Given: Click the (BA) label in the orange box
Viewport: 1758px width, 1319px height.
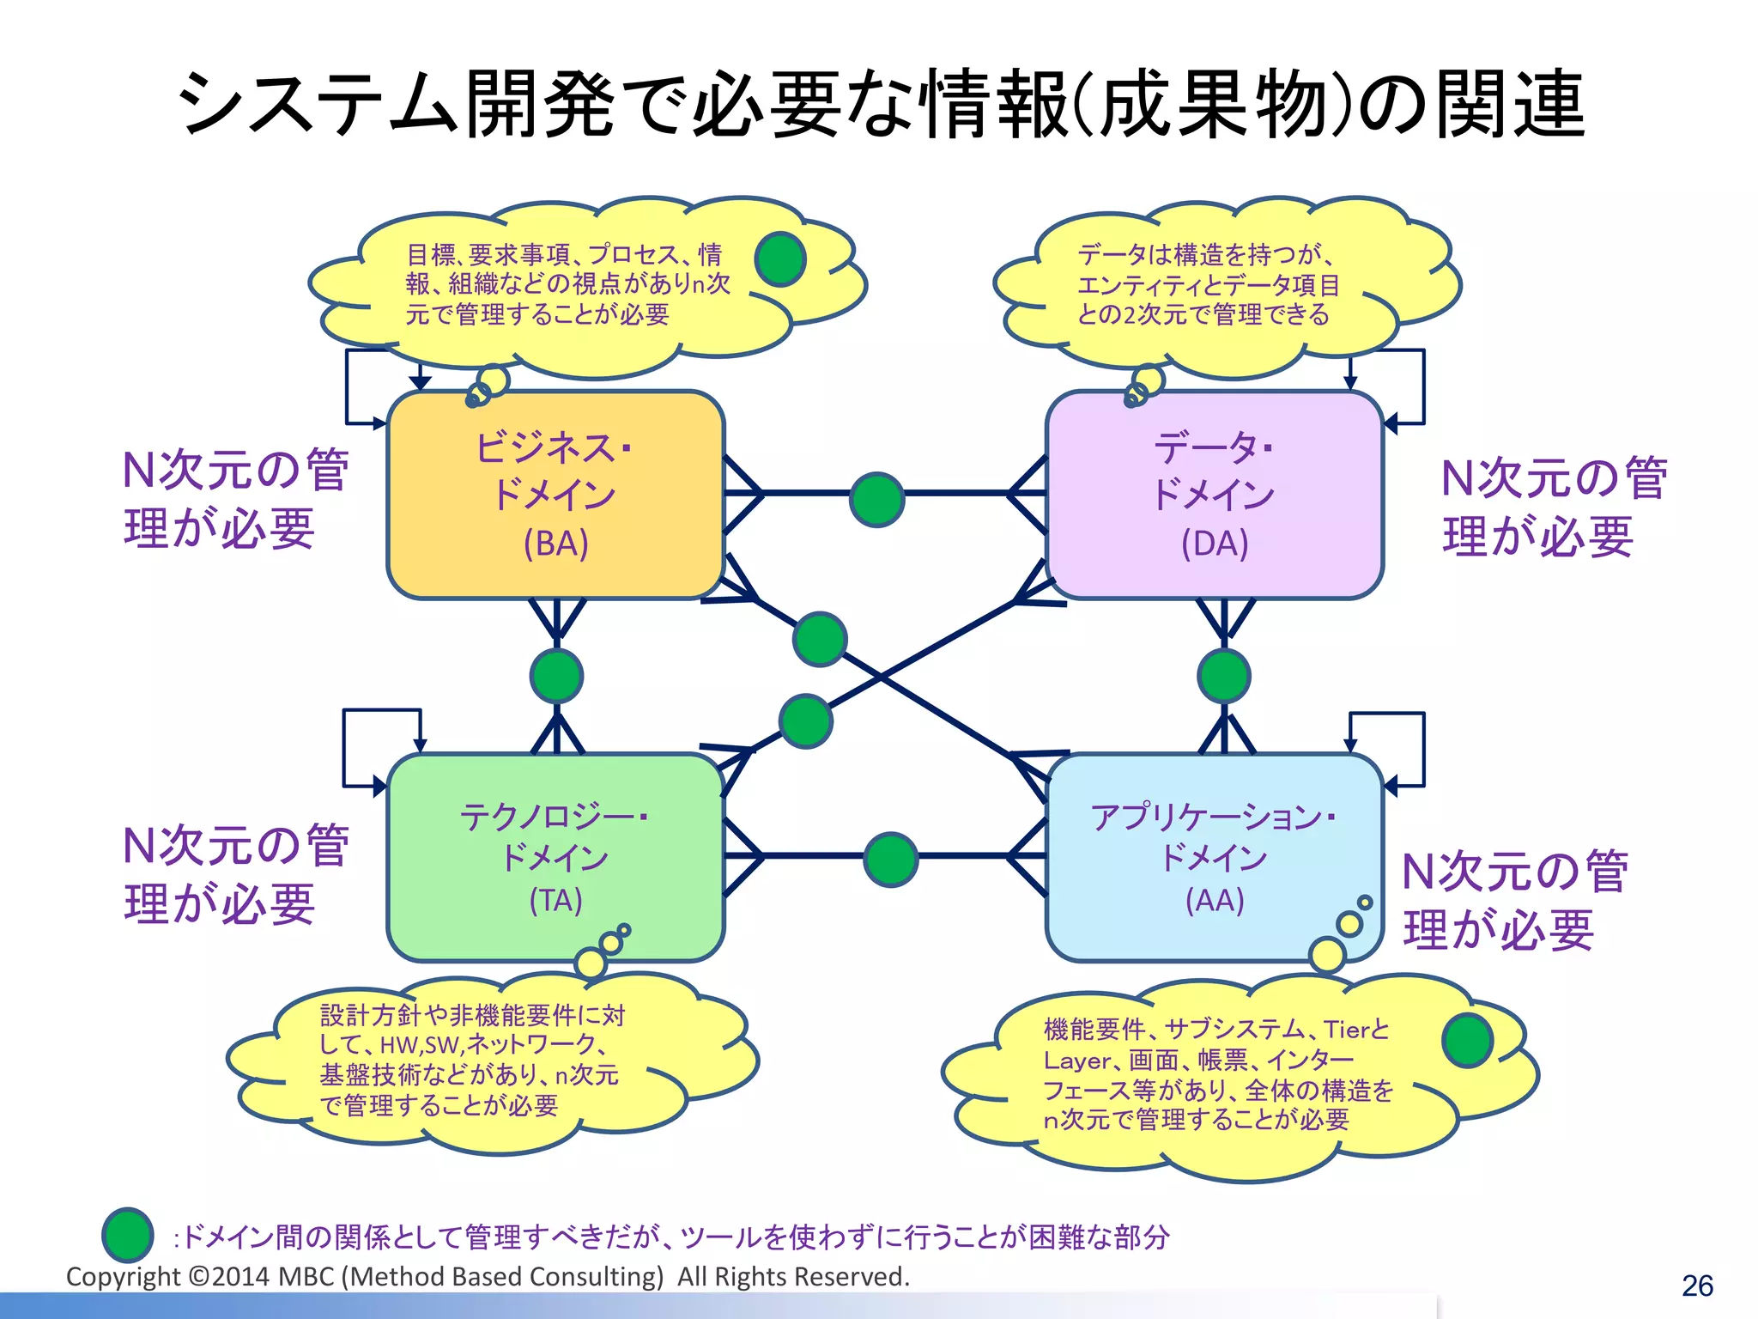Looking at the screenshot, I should click(x=556, y=544).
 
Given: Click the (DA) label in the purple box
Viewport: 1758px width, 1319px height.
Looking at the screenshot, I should click(x=1215, y=544).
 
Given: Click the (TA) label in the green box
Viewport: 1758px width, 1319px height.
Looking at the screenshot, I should click(x=555, y=900).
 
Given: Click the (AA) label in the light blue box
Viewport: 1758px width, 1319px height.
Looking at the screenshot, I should click(x=1215, y=900).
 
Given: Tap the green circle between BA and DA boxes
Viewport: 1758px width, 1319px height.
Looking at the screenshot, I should click(x=876, y=499).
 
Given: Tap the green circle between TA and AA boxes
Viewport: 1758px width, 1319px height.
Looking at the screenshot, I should click(x=890, y=860).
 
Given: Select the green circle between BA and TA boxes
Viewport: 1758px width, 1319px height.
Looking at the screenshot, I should click(x=556, y=676).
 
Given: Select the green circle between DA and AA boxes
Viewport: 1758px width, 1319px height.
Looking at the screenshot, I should click(x=1224, y=676).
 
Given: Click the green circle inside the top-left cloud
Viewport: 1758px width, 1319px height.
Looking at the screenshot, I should click(x=779, y=259).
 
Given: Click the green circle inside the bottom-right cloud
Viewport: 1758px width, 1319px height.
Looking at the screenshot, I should click(x=1468, y=1040).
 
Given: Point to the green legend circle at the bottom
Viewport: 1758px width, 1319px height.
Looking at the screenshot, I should click(x=128, y=1234).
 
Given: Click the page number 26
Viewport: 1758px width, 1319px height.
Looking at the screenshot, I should click(x=1697, y=1286).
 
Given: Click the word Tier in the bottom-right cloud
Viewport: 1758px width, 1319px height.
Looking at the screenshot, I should click(x=1346, y=1029).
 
